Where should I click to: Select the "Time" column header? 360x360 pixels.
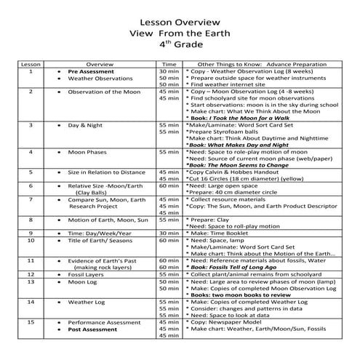[x=169, y=65]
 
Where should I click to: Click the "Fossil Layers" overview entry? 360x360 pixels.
[x=87, y=275]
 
